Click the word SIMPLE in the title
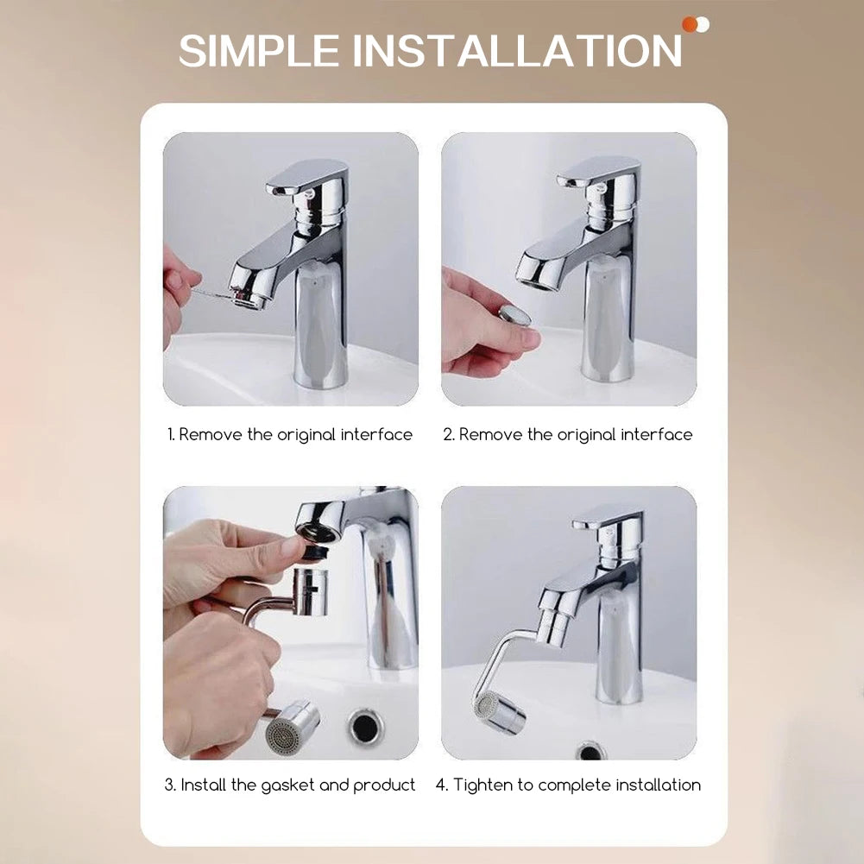(259, 51)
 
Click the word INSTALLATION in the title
(517, 51)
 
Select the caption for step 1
(290, 435)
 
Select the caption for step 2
(568, 435)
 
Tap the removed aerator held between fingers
(515, 315)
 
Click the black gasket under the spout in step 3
(317, 551)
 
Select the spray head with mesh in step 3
(291, 729)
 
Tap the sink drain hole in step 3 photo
(365, 727)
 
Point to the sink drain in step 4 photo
(591, 750)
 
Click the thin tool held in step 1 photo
(211, 295)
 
